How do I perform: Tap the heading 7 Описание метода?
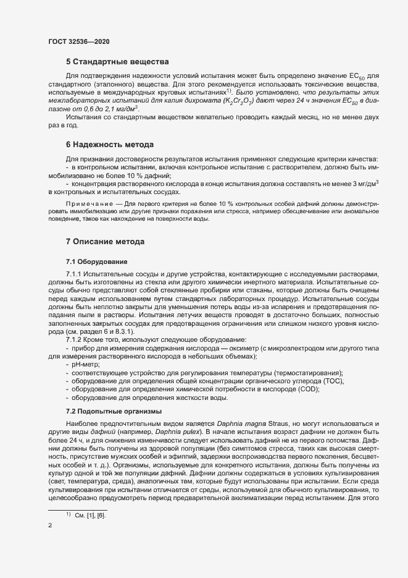coord(106,240)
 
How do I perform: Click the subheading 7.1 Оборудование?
coord(96,262)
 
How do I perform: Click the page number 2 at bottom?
coord(50,526)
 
